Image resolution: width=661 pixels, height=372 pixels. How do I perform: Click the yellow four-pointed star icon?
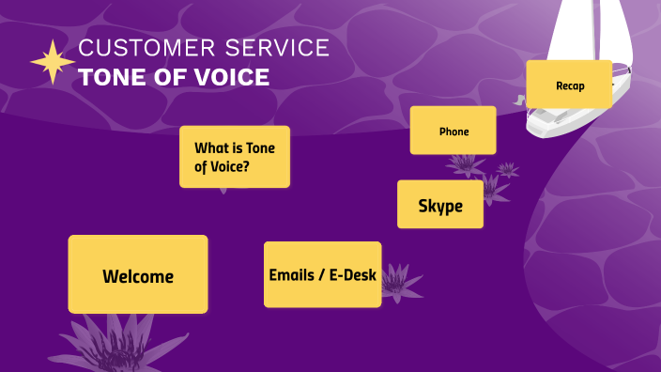tap(53, 63)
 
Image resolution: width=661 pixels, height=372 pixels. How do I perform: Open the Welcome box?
tap(138, 274)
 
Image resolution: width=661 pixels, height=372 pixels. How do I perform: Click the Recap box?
tap(569, 85)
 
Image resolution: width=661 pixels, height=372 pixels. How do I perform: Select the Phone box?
tap(453, 131)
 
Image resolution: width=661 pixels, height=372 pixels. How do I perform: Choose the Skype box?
tap(440, 205)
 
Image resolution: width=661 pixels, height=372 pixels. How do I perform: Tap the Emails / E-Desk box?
tap(322, 274)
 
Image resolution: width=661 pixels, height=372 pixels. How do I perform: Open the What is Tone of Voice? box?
tap(235, 157)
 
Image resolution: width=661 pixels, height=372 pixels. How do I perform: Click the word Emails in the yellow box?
tap(290, 275)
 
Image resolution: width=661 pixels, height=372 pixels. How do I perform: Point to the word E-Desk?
tap(352, 275)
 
